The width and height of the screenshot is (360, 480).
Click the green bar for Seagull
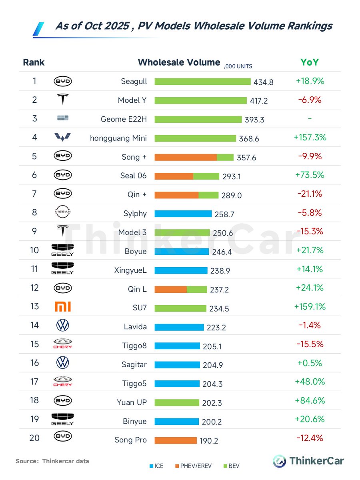[x=202, y=82]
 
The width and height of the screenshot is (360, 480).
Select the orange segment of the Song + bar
[x=186, y=157]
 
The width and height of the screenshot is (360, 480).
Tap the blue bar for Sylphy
[x=183, y=214]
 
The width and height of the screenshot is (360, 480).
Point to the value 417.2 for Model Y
[x=259, y=101]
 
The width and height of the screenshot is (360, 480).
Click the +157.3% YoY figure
[x=310, y=138]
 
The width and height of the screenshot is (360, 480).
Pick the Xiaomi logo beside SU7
[x=62, y=307]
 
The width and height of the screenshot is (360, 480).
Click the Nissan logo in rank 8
[x=62, y=213]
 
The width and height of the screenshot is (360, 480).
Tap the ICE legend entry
[x=156, y=466]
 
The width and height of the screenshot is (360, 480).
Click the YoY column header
[x=310, y=62]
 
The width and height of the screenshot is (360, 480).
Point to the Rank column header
[x=34, y=62]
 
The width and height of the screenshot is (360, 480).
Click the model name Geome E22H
[x=124, y=119]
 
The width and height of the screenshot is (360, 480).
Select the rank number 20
[x=34, y=438]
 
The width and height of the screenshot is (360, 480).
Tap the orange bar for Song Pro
[x=176, y=440]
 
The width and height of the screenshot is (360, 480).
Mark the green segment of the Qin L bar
[x=197, y=289]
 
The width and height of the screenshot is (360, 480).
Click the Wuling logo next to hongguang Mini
[x=62, y=138]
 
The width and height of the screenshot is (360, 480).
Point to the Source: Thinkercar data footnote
[x=52, y=461]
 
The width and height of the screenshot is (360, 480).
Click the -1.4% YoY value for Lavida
[x=310, y=325]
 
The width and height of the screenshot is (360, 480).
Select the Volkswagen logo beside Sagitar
[x=62, y=363]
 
